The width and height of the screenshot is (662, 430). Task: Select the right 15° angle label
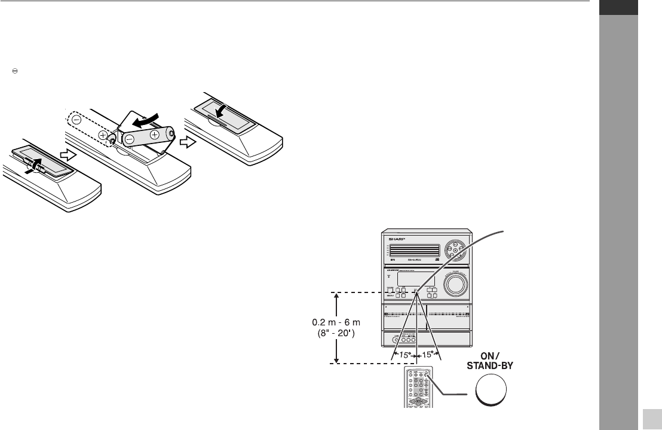click(x=427, y=355)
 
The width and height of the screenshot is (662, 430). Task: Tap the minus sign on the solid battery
click(x=130, y=139)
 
